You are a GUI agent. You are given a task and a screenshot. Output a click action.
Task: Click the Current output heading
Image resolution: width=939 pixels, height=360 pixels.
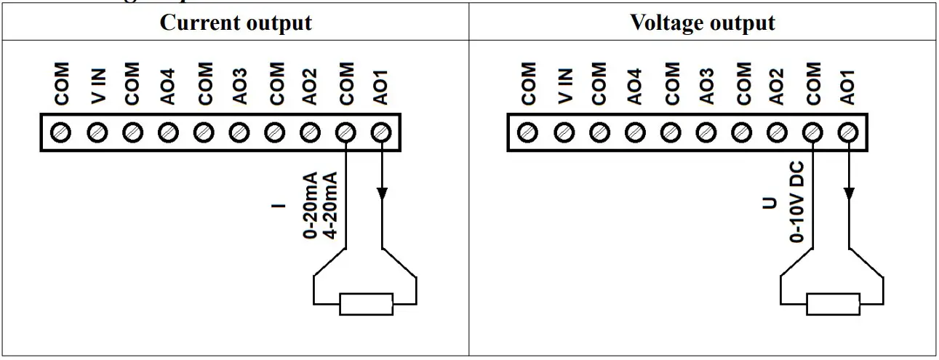click(x=236, y=23)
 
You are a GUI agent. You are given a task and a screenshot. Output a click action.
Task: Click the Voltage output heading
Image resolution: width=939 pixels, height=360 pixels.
click(x=702, y=23)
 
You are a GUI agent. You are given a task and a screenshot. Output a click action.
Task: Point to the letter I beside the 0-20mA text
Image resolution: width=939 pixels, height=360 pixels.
click(x=276, y=205)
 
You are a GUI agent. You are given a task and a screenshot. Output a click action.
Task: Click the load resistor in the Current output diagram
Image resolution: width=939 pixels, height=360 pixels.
click(x=366, y=304)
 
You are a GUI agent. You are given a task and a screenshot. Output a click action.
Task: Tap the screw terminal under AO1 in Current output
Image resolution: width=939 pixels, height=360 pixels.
click(x=380, y=132)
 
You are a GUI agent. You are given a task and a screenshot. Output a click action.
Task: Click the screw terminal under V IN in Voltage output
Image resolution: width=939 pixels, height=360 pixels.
click(x=564, y=132)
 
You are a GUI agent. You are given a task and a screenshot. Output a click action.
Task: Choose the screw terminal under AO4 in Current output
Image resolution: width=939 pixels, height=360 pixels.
click(x=168, y=132)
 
